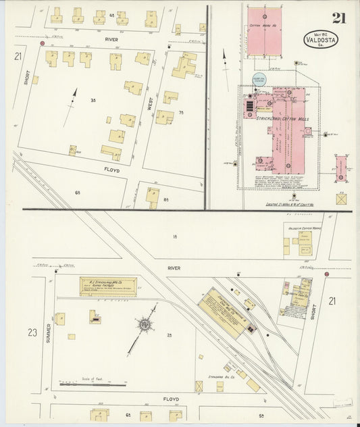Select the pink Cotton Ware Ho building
pos(264,32)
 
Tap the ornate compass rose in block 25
pos(144,327)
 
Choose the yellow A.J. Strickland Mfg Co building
pos(108,286)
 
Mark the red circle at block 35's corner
pos(43,44)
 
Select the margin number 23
pos(32,332)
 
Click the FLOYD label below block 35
pos(111,170)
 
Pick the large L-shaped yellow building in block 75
pos(183,66)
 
